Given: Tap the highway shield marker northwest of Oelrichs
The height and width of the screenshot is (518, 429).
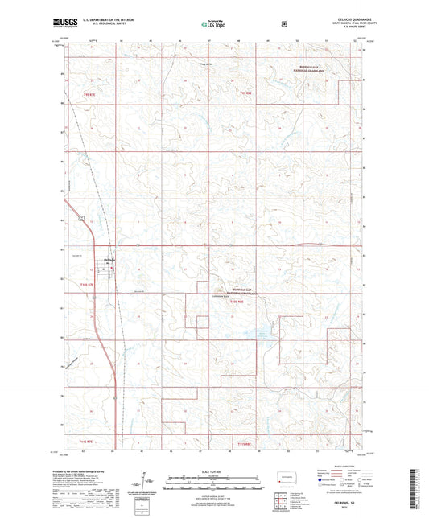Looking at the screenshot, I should tap(80, 217).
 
